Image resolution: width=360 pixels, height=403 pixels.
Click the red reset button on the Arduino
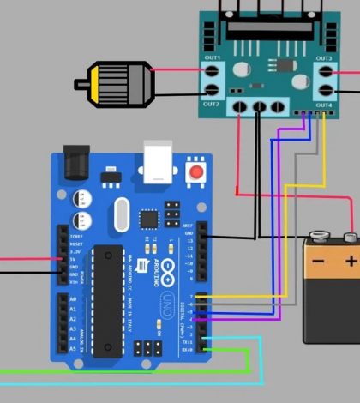pos(198,173)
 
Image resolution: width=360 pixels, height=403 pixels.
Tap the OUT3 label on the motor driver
pos(323,57)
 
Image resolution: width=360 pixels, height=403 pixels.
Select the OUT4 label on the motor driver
pos(323,105)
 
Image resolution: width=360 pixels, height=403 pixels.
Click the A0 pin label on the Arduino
pos(61,298)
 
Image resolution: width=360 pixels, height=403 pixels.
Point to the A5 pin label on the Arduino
pos(61,349)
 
